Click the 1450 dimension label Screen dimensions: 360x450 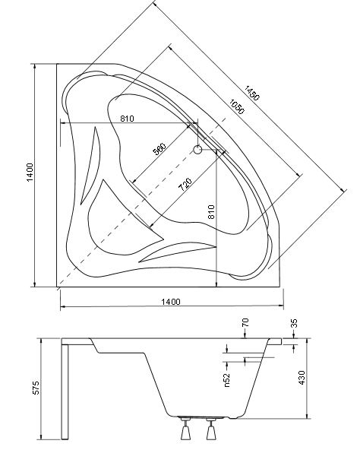(x=252, y=93)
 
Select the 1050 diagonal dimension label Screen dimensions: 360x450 (x=237, y=106)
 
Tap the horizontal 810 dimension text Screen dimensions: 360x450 (x=127, y=119)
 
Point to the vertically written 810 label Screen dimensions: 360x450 (x=211, y=212)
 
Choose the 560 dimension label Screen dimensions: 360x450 (x=159, y=149)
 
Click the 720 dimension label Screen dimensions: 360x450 (x=185, y=185)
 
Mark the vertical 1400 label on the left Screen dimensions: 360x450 (x=30, y=173)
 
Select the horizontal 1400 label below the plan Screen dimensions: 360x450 (x=171, y=302)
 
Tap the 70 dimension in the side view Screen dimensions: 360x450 (x=245, y=322)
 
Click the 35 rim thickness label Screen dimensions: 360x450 (x=294, y=323)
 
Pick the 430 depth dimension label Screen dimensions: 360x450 (x=302, y=377)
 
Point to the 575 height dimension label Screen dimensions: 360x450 (x=36, y=388)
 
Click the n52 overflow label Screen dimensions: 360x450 (x=227, y=380)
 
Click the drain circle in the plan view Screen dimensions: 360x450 (x=197, y=149)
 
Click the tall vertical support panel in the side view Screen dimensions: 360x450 (x=65, y=392)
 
